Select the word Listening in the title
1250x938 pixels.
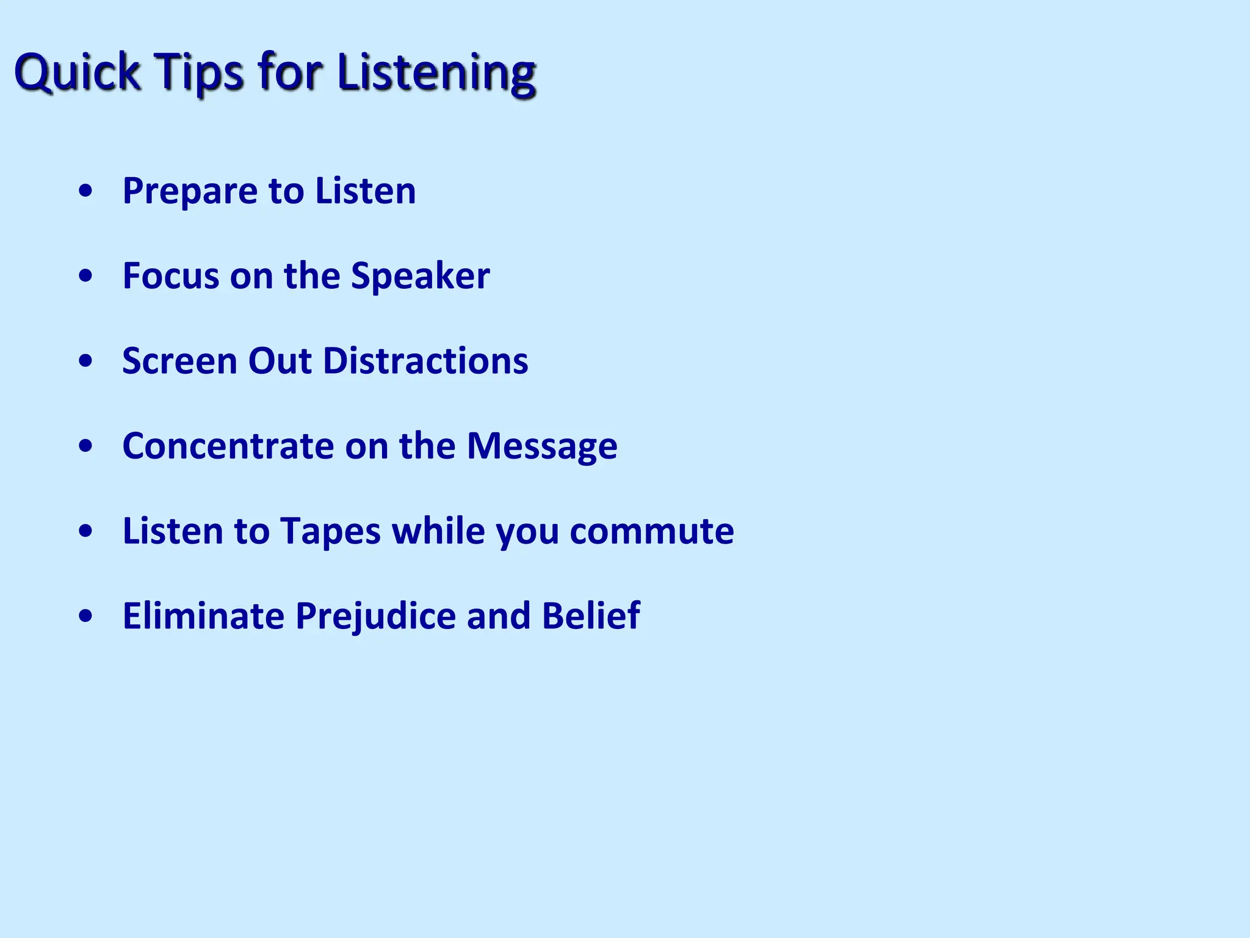point(436,72)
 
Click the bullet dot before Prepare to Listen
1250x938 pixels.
point(86,191)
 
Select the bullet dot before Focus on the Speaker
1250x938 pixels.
point(86,276)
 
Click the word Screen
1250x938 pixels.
point(179,361)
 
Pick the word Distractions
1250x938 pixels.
point(425,361)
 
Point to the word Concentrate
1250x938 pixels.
point(228,446)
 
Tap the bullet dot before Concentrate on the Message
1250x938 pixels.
point(86,446)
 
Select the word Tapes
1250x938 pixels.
point(330,531)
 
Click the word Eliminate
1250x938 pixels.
point(203,616)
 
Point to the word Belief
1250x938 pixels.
point(591,616)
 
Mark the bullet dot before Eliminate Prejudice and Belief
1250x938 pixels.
point(86,616)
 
